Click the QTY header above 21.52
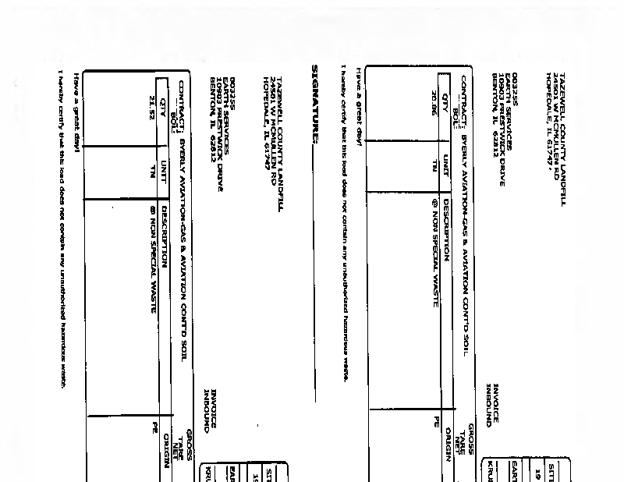(x=163, y=101)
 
